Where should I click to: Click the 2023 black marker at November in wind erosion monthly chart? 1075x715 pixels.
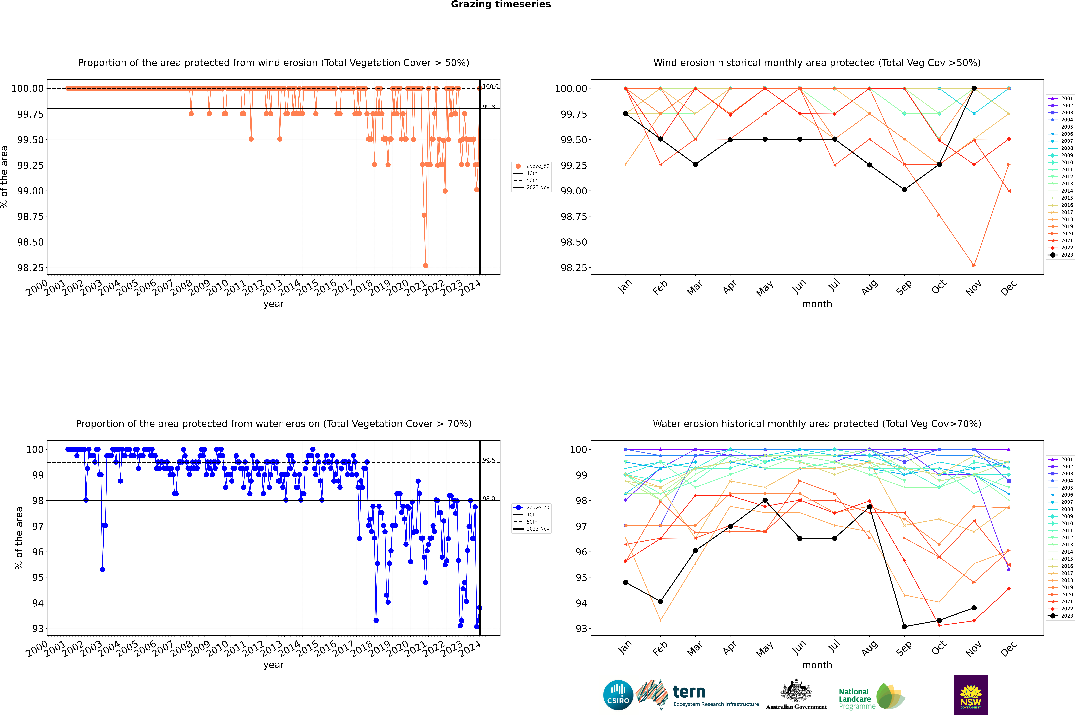pyautogui.click(x=974, y=88)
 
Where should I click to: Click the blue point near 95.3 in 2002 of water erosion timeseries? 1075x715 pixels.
pyautogui.click(x=103, y=570)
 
